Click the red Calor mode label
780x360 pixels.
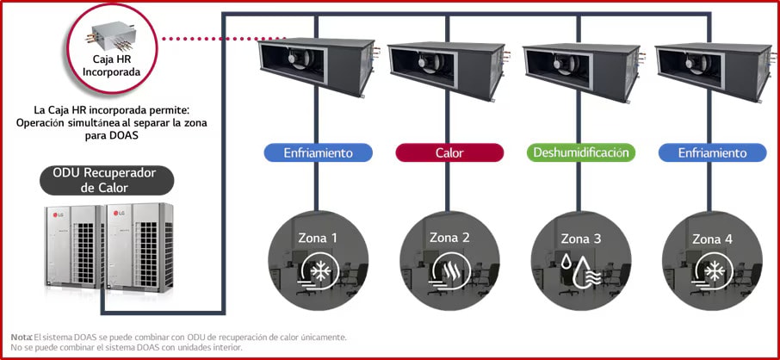tap(449, 152)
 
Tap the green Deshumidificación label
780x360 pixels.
tap(580, 152)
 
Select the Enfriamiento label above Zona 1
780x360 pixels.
tap(319, 152)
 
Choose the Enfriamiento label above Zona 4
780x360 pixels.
tap(713, 152)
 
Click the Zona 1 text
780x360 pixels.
tap(318, 238)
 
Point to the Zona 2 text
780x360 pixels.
tap(449, 238)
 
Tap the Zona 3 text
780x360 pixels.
tap(581, 239)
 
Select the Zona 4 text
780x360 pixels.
tap(712, 239)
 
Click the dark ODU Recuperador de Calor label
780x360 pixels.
tap(107, 180)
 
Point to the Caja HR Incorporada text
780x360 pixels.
tap(112, 65)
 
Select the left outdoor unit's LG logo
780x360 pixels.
tap(58, 214)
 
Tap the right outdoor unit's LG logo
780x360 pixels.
tap(119, 214)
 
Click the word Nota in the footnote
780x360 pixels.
tap(22, 337)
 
